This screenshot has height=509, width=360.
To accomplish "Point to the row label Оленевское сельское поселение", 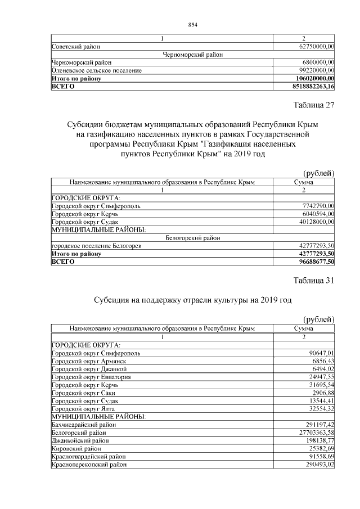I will point(96,70).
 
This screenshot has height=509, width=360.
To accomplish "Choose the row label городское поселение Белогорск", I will point(96,246).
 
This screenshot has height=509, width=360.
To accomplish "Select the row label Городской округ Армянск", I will point(87,361).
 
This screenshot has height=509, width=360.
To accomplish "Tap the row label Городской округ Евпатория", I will point(91,377).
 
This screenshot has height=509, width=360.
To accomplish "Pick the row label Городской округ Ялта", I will point(83,408).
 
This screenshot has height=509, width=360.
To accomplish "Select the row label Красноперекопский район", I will point(89,465).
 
